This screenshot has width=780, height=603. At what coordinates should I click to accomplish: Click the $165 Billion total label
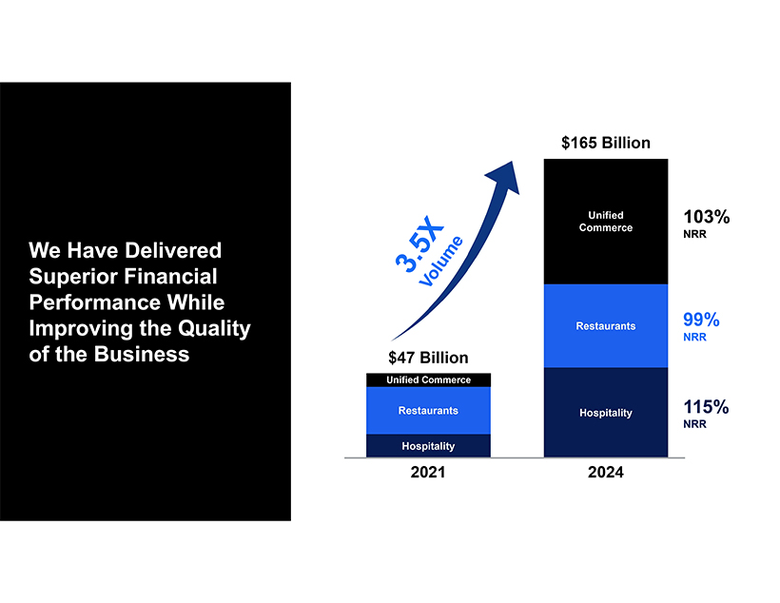605,143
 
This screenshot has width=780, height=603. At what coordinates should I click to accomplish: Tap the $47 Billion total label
428,358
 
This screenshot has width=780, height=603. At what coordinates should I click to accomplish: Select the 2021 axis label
428,472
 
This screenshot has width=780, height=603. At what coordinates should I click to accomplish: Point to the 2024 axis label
605,472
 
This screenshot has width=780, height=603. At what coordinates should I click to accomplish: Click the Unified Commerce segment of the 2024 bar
605,222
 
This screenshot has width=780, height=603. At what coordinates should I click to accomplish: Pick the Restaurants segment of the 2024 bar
605,326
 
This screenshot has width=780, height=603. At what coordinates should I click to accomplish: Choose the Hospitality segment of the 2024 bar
605,413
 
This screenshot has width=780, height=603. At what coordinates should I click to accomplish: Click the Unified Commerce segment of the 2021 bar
428,380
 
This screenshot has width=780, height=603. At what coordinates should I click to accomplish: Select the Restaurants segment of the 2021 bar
428,411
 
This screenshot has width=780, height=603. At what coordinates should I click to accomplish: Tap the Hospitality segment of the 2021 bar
428,446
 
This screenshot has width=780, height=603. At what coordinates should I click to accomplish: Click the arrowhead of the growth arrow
505,177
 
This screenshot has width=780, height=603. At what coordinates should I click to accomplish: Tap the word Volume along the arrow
441,262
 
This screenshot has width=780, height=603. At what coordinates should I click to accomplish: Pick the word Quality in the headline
214,329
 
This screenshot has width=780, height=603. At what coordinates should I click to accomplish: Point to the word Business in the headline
142,354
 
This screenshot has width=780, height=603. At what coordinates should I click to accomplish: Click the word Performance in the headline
94,302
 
